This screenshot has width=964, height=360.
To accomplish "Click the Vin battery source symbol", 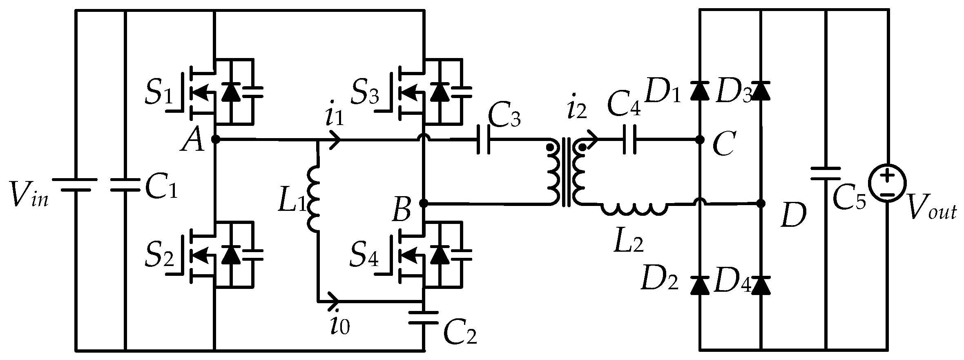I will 75,185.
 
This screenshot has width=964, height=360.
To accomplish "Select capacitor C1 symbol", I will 125,185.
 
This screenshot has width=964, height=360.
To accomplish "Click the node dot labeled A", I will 216,140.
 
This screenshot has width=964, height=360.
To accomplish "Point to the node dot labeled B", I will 424,203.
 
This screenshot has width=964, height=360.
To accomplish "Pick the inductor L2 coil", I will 634,209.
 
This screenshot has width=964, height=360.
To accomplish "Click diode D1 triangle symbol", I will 699,90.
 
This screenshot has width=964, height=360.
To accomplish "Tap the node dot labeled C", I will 699,140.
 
